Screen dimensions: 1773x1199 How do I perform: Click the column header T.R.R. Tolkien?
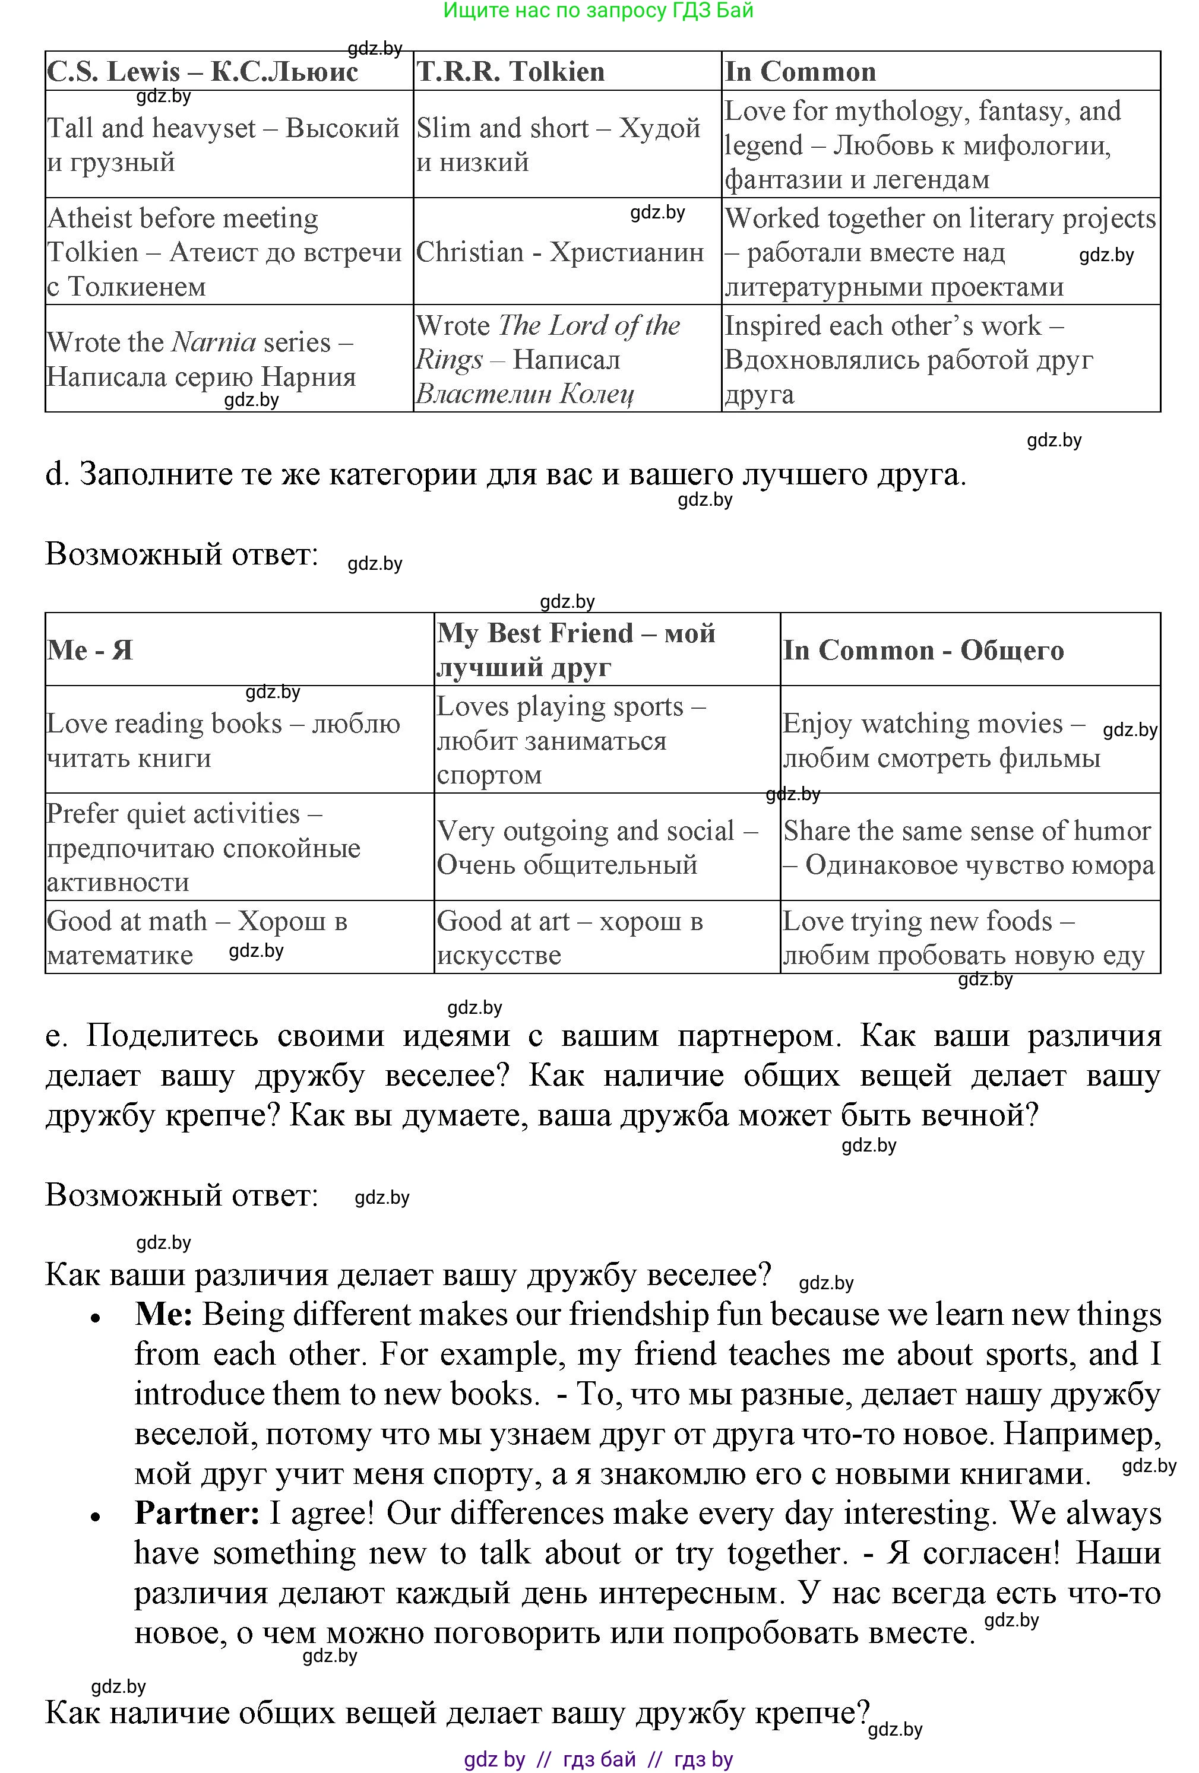tap(511, 72)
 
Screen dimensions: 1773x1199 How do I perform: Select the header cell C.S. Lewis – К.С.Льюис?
tap(203, 72)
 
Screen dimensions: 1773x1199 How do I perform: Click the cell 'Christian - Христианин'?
tap(559, 252)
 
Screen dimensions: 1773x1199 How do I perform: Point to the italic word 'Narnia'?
tap(214, 342)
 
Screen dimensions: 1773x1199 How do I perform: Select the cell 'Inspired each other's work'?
tap(908, 359)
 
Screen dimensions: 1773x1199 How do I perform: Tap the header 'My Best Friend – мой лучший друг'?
tap(576, 649)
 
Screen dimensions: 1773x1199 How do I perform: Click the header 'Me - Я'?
tap(90, 650)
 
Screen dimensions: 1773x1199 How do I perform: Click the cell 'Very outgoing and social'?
tap(597, 847)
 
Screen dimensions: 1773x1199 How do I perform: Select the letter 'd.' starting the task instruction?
tap(57, 474)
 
